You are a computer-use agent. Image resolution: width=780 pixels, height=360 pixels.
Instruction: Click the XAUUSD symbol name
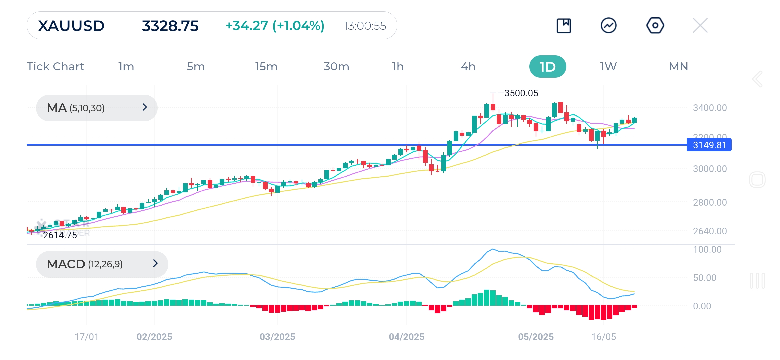pos(71,26)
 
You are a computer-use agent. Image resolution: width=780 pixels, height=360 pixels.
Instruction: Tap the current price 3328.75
pos(170,26)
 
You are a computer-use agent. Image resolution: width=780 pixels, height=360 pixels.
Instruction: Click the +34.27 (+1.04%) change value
pos(275,26)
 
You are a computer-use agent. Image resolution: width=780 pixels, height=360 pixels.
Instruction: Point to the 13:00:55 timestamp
pos(365,26)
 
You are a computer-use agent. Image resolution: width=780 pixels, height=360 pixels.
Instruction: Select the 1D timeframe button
pos(547,67)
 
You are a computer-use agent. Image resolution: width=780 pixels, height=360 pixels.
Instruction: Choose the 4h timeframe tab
pos(468,67)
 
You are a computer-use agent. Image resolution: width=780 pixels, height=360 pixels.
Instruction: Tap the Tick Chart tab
pos(55,67)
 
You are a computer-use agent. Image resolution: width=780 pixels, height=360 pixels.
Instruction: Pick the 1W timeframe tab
pos(608,67)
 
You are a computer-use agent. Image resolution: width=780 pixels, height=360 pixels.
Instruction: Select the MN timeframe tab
pos(678,67)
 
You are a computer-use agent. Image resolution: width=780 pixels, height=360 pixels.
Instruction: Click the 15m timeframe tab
pos(266,67)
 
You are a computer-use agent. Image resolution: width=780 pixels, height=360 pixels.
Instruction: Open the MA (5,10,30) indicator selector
pos(97,108)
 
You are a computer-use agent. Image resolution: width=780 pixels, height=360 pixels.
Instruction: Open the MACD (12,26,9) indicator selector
pos(102,264)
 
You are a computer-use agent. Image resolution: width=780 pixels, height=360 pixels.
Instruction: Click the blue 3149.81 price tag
pos(709,145)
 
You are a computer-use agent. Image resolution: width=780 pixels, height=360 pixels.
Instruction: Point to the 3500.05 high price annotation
pos(521,93)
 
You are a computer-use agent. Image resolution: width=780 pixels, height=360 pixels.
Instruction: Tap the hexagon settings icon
pos(655,26)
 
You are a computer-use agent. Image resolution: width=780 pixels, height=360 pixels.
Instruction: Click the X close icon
pos(700,26)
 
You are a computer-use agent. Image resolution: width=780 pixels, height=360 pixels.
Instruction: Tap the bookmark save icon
pos(564,26)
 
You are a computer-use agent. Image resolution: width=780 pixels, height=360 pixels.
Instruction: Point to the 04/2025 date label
pos(407,337)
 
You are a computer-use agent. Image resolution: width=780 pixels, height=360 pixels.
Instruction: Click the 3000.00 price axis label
pos(710,169)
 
